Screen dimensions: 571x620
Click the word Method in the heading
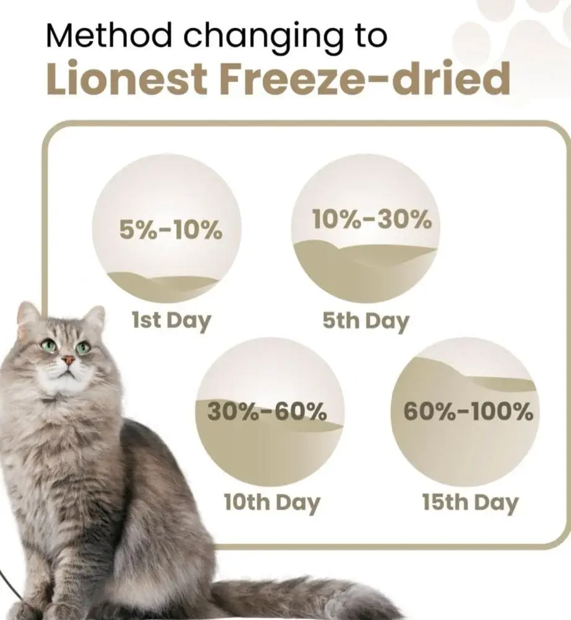(109, 35)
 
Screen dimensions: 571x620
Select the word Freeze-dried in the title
(365, 78)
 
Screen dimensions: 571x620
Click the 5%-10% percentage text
(171, 230)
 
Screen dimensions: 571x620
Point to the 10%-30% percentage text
(372, 219)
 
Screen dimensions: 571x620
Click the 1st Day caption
(171, 321)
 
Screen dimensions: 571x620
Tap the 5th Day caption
(365, 321)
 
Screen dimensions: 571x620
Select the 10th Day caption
(272, 503)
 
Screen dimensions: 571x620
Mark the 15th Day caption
(470, 503)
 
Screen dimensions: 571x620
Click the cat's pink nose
(68, 360)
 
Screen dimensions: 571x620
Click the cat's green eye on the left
(49, 345)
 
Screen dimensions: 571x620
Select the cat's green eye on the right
(83, 348)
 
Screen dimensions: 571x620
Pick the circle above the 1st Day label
(167, 229)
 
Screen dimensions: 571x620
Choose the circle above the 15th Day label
(465, 412)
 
